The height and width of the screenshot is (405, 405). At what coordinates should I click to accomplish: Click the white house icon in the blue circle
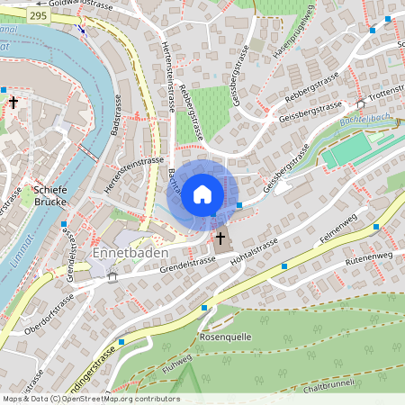(202, 194)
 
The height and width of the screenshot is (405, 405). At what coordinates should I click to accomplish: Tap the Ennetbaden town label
(124, 254)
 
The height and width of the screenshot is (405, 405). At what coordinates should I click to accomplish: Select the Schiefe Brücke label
(50, 196)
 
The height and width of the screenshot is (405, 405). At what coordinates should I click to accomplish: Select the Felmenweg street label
(342, 229)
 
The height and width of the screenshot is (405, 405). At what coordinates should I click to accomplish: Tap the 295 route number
(38, 16)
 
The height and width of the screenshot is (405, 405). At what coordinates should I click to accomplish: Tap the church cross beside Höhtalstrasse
(220, 238)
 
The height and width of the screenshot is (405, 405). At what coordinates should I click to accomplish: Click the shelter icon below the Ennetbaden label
(112, 276)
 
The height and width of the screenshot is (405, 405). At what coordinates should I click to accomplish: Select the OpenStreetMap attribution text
(91, 398)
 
